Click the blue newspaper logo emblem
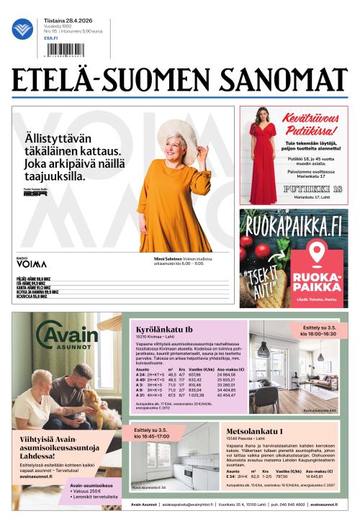click(x=22, y=29)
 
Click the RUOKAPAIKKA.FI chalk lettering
click(x=293, y=228)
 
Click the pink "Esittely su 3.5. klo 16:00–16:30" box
click(x=318, y=330)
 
